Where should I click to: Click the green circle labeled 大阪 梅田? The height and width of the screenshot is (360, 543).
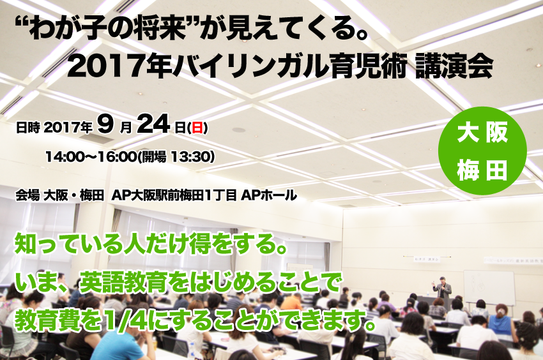click(x=482, y=151)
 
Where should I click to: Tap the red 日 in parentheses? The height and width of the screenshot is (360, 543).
click(x=197, y=128)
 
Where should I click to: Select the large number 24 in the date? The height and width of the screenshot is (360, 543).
click(x=153, y=124)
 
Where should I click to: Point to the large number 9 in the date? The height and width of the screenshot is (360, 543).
click(x=105, y=124)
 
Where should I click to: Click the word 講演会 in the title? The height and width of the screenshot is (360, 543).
click(x=454, y=66)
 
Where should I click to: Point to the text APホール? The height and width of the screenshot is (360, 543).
click(x=269, y=195)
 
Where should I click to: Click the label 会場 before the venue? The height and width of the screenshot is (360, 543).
click(x=27, y=195)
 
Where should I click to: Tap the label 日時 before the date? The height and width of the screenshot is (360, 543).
click(x=27, y=128)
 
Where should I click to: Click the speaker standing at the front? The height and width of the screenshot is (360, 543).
click(x=443, y=287)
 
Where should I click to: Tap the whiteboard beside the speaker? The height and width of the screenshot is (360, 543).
click(x=489, y=287)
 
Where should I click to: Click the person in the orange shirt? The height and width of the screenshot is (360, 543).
click(x=292, y=302)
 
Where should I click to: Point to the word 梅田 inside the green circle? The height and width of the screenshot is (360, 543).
click(x=482, y=170)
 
